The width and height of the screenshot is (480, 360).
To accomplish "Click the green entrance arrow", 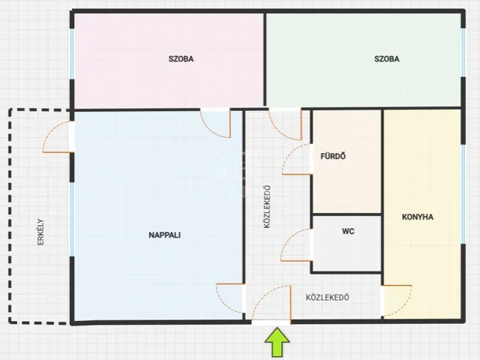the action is click(x=277, y=342).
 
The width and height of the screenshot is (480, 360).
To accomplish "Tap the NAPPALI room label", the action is click(x=164, y=235).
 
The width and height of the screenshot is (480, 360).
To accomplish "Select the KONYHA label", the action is click(x=418, y=217).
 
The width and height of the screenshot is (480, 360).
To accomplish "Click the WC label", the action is click(x=348, y=231).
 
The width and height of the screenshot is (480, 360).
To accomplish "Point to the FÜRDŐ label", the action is click(x=333, y=156).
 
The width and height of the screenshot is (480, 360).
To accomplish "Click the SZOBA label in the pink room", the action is click(x=181, y=58).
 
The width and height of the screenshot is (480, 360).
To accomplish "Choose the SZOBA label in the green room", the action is click(x=387, y=58).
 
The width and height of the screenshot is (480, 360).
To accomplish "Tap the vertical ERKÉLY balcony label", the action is click(x=40, y=232).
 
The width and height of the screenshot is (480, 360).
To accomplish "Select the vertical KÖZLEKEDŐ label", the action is click(x=267, y=207).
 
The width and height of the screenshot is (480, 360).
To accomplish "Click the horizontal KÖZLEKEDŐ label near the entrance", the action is click(x=328, y=297).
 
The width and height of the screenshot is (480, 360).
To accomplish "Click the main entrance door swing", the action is click(x=262, y=295).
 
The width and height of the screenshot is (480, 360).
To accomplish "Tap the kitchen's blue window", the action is click(x=463, y=194).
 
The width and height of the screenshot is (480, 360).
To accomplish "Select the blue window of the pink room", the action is click(x=72, y=54).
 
